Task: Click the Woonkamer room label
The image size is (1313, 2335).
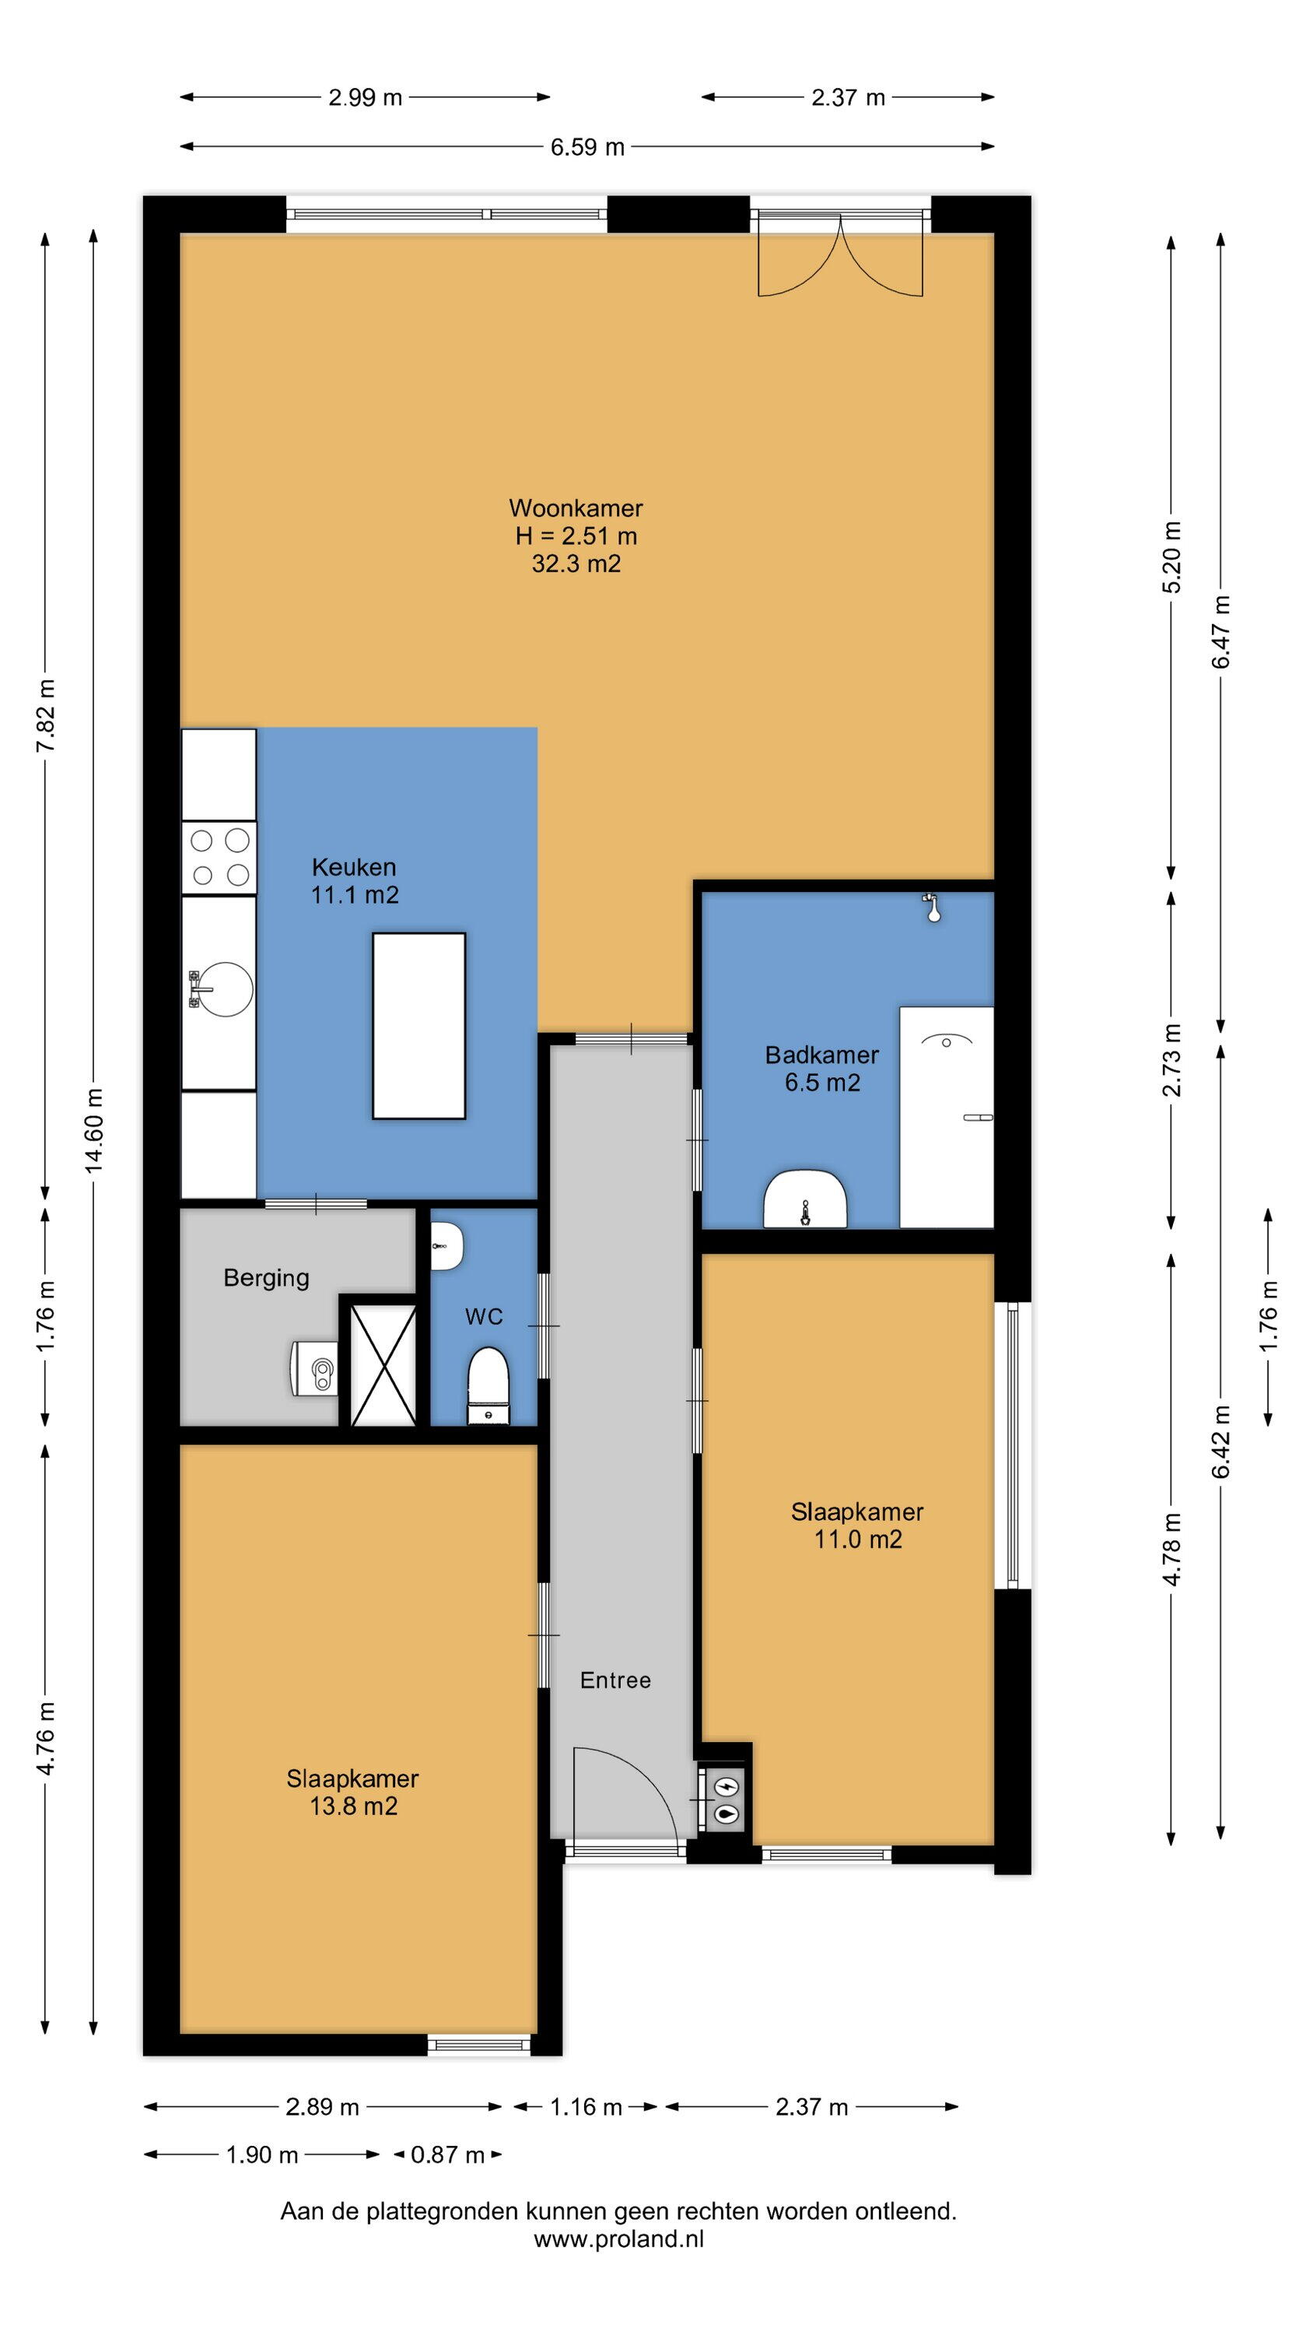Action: pos(576,507)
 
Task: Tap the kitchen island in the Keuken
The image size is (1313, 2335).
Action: pos(418,1026)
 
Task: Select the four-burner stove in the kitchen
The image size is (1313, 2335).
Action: pos(219,858)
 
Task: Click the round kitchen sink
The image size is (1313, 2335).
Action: pos(223,989)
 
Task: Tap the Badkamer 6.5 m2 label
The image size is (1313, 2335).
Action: pos(822,1069)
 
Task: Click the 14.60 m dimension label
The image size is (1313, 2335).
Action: pos(94,1130)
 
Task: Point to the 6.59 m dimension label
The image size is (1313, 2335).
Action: pos(588,147)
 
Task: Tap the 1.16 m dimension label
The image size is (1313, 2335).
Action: pos(586,2108)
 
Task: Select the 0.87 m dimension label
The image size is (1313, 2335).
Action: pos(447,2154)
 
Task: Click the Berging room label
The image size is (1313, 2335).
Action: pos(266,1278)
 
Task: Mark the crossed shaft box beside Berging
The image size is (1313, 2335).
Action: pos(383,1364)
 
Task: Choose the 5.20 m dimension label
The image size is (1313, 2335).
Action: pos(1172,557)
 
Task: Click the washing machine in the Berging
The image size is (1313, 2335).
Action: pos(313,1370)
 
